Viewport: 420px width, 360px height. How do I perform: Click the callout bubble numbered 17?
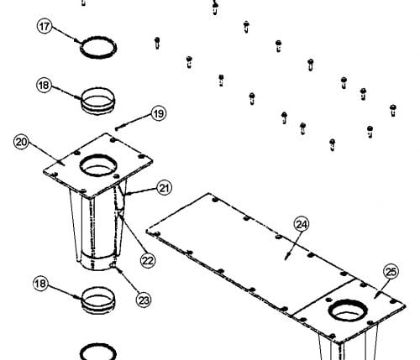(45, 26)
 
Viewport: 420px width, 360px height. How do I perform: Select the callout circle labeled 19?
(159, 113)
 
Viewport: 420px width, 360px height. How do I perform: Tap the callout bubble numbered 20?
(22, 142)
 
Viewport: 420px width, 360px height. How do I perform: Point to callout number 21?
(165, 188)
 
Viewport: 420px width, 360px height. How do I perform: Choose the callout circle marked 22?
(148, 260)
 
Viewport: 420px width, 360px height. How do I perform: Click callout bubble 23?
(144, 300)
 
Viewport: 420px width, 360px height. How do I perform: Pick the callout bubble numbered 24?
(302, 224)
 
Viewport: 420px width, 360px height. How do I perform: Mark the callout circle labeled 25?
(391, 272)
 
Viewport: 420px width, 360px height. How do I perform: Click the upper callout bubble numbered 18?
(44, 85)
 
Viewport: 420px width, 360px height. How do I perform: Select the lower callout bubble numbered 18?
(40, 284)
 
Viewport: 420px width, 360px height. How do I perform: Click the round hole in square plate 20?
(98, 165)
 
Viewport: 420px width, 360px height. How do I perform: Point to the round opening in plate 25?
(348, 310)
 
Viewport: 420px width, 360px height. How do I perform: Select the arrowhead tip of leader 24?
(286, 259)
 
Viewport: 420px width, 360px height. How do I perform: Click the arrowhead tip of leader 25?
(375, 297)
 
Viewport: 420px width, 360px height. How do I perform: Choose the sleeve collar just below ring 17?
(98, 101)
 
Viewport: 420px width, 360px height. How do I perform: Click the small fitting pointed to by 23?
(114, 265)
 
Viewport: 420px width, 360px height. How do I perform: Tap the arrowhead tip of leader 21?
(125, 194)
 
